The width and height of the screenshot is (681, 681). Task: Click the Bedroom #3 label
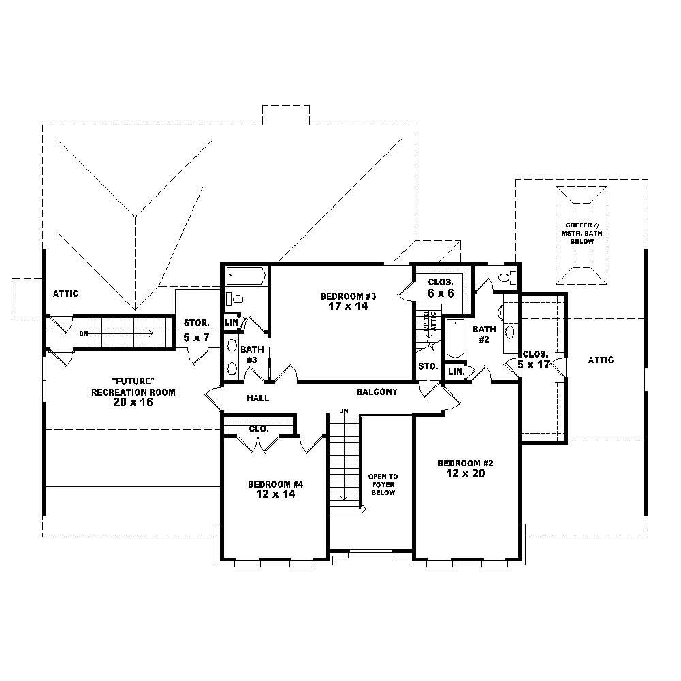tap(348, 296)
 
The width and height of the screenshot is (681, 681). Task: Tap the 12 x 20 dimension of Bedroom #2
tap(465, 474)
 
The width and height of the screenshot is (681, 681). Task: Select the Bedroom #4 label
tap(275, 484)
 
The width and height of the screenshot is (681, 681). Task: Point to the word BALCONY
tap(377, 392)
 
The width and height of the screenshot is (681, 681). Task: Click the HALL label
tap(257, 398)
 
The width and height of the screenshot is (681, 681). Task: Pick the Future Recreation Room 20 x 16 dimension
tap(133, 402)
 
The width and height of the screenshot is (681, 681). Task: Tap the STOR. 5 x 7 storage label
tap(196, 330)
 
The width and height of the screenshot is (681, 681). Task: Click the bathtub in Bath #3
tap(246, 276)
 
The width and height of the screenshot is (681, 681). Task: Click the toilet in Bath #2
tap(507, 277)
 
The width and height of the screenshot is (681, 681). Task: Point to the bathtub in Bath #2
tap(454, 338)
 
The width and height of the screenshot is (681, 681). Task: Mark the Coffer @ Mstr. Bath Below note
tap(580, 233)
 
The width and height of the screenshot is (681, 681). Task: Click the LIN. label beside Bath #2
tap(456, 371)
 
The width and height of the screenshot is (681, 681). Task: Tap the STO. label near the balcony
tap(428, 366)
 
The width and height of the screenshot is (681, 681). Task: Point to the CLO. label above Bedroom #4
tap(258, 430)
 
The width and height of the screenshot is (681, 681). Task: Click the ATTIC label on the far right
tap(600, 360)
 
